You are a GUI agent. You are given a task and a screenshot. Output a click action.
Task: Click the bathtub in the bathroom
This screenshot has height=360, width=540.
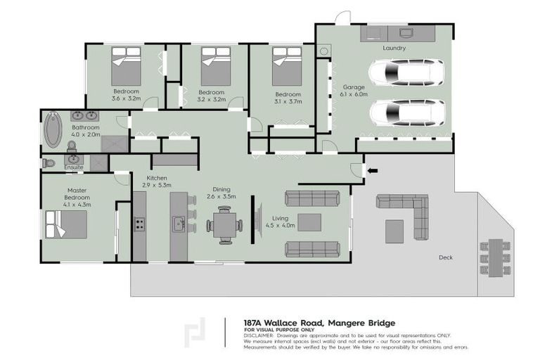pyautogui.click(x=53, y=130)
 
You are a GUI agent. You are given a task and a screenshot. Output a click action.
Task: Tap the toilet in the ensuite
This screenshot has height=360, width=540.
pyautogui.click(x=48, y=163)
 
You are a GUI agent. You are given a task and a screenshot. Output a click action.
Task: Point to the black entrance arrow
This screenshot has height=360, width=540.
pyautogui.click(x=372, y=170)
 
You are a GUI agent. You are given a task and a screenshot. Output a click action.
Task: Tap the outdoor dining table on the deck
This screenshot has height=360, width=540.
pyautogui.click(x=495, y=257)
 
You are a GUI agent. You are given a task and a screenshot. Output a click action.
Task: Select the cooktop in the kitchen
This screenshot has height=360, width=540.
pyautogui.click(x=139, y=224)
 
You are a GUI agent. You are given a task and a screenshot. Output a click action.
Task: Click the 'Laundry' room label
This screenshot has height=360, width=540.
pyautogui.click(x=394, y=48)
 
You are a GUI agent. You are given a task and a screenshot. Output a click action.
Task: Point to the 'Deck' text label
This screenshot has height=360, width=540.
pyautogui.click(x=445, y=257)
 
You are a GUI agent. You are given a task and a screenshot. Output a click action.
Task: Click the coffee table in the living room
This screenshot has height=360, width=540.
pyautogui.click(x=310, y=222)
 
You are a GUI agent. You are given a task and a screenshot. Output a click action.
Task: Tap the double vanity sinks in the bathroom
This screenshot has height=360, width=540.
pyautogui.click(x=85, y=116)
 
